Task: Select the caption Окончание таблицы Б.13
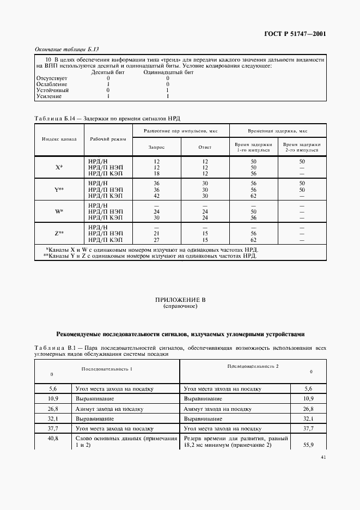point(66,49)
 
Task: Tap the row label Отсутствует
point(51,78)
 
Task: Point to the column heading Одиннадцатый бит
point(168,72)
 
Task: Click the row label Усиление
point(48,96)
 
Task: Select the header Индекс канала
point(59,138)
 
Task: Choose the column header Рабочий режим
point(108,138)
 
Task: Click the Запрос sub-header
point(156,147)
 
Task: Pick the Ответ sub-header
point(205,147)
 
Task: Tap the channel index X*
point(59,167)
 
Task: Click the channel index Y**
point(59,189)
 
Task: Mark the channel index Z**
point(59,233)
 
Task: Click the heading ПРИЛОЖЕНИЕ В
point(180,300)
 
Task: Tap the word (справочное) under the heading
point(180,306)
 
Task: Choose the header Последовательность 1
point(107,369)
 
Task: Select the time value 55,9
point(308,445)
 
